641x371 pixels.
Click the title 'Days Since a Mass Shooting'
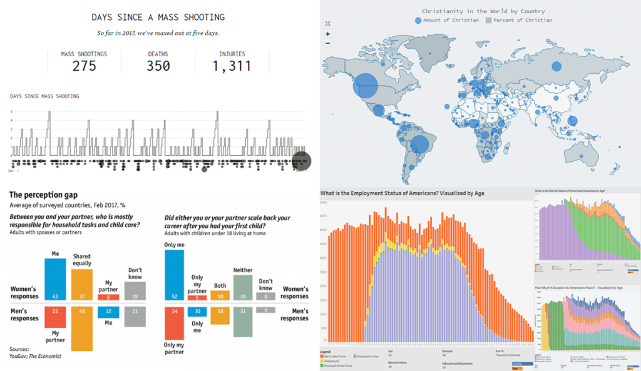coord(158,17)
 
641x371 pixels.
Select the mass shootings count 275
coord(84,66)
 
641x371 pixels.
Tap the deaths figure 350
coord(158,66)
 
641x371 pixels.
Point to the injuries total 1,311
coord(231,66)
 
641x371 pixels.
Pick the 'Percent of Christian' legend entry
coord(520,21)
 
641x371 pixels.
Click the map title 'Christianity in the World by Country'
coord(483,11)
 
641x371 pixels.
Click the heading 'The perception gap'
coord(43,195)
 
